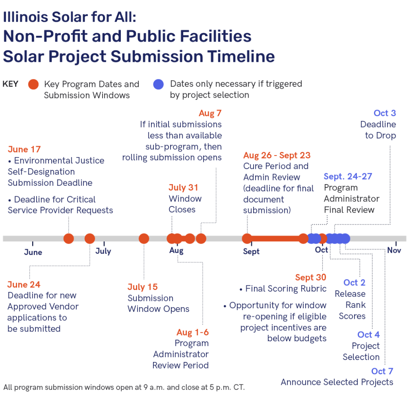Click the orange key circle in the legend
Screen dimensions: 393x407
[33, 84]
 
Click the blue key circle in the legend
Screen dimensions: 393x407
[158, 84]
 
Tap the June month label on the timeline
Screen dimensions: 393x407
[33, 252]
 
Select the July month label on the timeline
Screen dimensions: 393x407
[103, 251]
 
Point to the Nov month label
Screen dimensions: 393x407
[394, 250]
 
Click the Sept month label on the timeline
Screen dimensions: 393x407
[251, 252]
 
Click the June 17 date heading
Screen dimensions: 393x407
[24, 149]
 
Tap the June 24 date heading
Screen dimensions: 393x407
[24, 285]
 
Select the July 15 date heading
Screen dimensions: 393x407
[142, 287]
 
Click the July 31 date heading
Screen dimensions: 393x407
[183, 188]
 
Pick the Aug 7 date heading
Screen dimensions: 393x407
[210, 113]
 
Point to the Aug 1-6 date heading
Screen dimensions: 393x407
[193, 333]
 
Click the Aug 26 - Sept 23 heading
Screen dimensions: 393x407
[277, 155]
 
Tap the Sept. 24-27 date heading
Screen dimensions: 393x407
[348, 177]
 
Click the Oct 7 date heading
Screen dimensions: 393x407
[382, 371]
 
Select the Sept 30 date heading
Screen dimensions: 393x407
[311, 277]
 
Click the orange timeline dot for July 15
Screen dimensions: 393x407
[144, 239]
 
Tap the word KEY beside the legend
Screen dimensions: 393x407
[10, 84]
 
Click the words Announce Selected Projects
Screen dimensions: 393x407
[337, 382]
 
